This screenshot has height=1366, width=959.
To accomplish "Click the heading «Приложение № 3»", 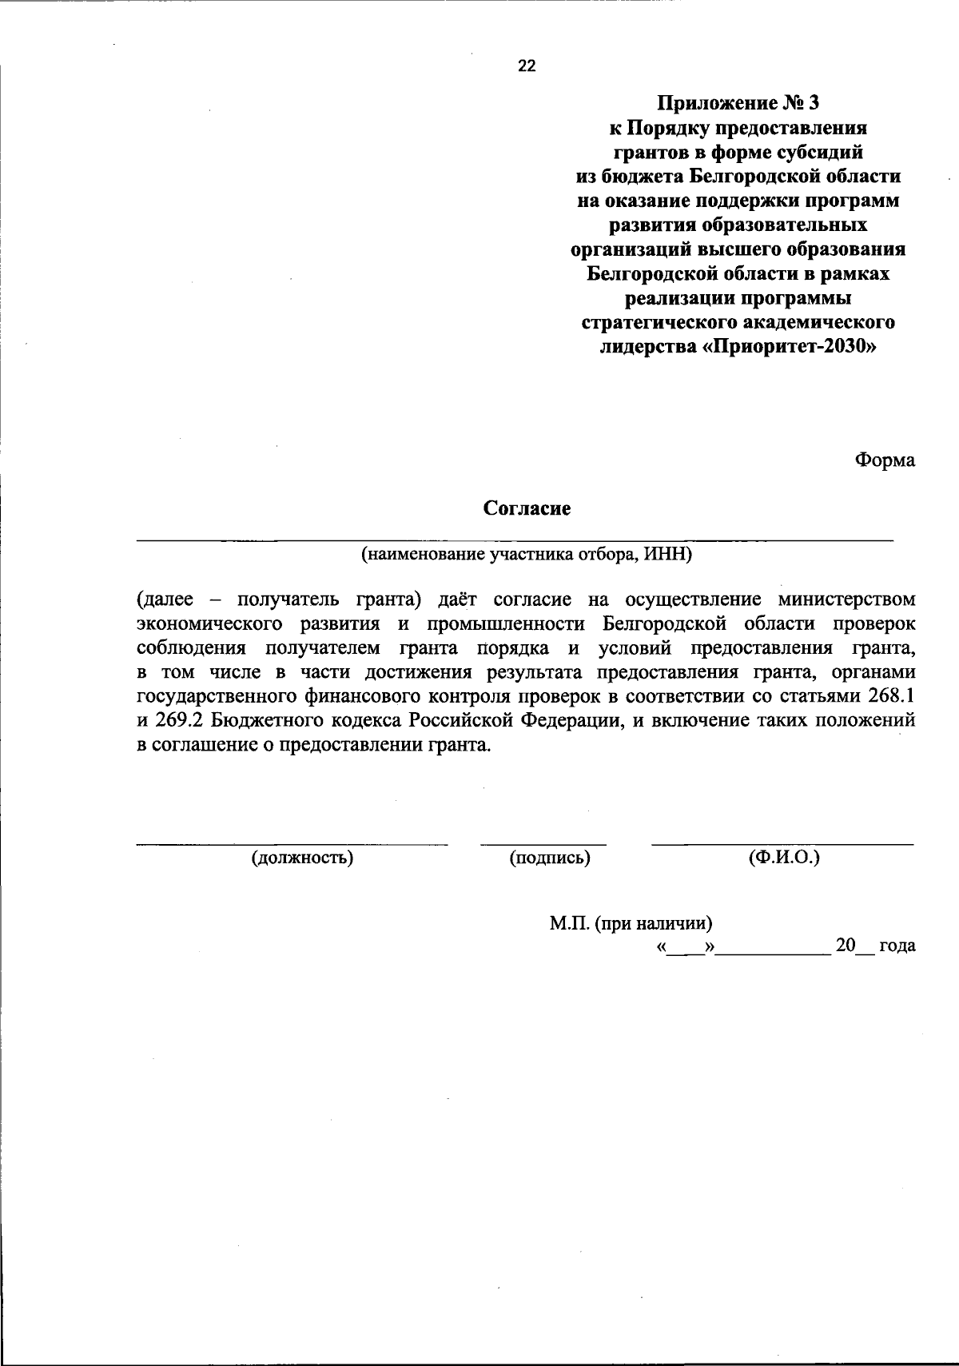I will (738, 103).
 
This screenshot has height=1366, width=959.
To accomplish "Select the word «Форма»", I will (885, 460).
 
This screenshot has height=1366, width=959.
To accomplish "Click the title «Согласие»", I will (527, 508).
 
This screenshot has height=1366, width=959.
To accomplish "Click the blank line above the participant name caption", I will (515, 541).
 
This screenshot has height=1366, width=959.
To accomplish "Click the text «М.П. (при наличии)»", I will (631, 923).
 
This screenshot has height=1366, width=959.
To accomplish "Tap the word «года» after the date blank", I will (897, 946).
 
